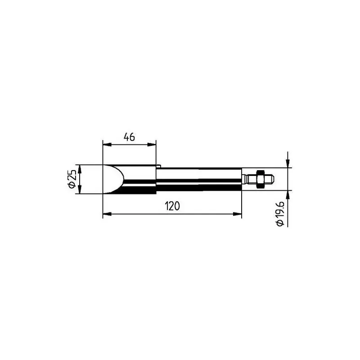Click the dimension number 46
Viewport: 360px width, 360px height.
[129, 137]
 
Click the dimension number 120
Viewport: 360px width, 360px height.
[172, 206]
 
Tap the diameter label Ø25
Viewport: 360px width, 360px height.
[72, 179]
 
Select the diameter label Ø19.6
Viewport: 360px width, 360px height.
[280, 214]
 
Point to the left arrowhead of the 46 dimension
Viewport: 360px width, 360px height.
[107, 144]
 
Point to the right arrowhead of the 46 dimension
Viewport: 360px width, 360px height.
[152, 144]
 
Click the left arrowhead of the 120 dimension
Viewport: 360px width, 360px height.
[107, 214]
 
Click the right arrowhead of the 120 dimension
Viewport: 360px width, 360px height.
[238, 214]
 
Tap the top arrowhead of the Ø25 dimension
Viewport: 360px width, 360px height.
[80, 169]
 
